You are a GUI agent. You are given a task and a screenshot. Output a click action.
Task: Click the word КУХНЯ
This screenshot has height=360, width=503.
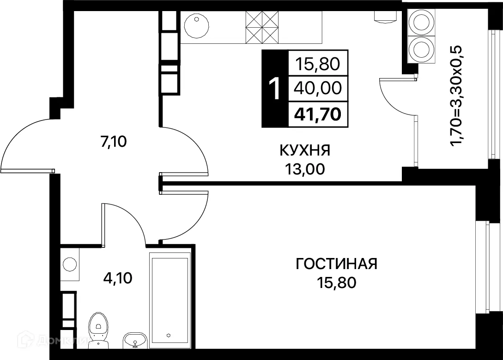pyautogui.click(x=305, y=150)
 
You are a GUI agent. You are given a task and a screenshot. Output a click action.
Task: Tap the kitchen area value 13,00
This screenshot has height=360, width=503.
pyautogui.click(x=305, y=169)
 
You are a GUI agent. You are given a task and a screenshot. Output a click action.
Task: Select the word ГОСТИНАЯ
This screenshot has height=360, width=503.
pyautogui.click(x=337, y=264)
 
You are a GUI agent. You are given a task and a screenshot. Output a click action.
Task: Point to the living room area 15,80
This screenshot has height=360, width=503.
pyautogui.click(x=337, y=282)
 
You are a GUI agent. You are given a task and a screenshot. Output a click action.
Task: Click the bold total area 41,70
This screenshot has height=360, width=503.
pyautogui.click(x=318, y=113)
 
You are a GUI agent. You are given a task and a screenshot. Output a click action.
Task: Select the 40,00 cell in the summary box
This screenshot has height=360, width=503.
pyautogui.click(x=318, y=88)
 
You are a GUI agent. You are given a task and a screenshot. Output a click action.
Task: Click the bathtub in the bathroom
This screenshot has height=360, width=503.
pyautogui.click(x=169, y=300)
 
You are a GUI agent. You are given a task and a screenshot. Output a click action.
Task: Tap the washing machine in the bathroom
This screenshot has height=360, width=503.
pyautogui.click(x=70, y=264)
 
